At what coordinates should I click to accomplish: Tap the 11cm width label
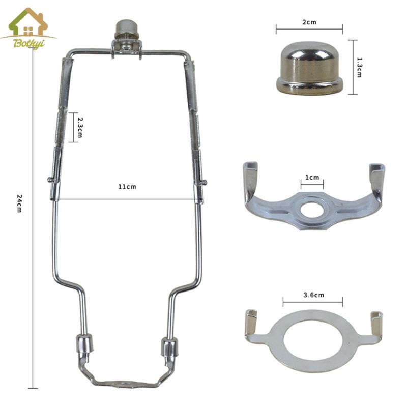pos(127,187)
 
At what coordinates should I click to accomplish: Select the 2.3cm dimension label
pos(80,128)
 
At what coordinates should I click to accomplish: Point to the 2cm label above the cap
pos(309,22)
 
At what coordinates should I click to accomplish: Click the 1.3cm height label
pos(359,68)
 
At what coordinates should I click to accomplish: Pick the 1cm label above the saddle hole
pos(312,177)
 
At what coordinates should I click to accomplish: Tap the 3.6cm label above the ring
pos(313,295)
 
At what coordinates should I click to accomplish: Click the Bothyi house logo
pos(28,28)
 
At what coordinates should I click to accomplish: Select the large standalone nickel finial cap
pos(309,68)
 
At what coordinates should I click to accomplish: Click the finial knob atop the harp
pos(126,30)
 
